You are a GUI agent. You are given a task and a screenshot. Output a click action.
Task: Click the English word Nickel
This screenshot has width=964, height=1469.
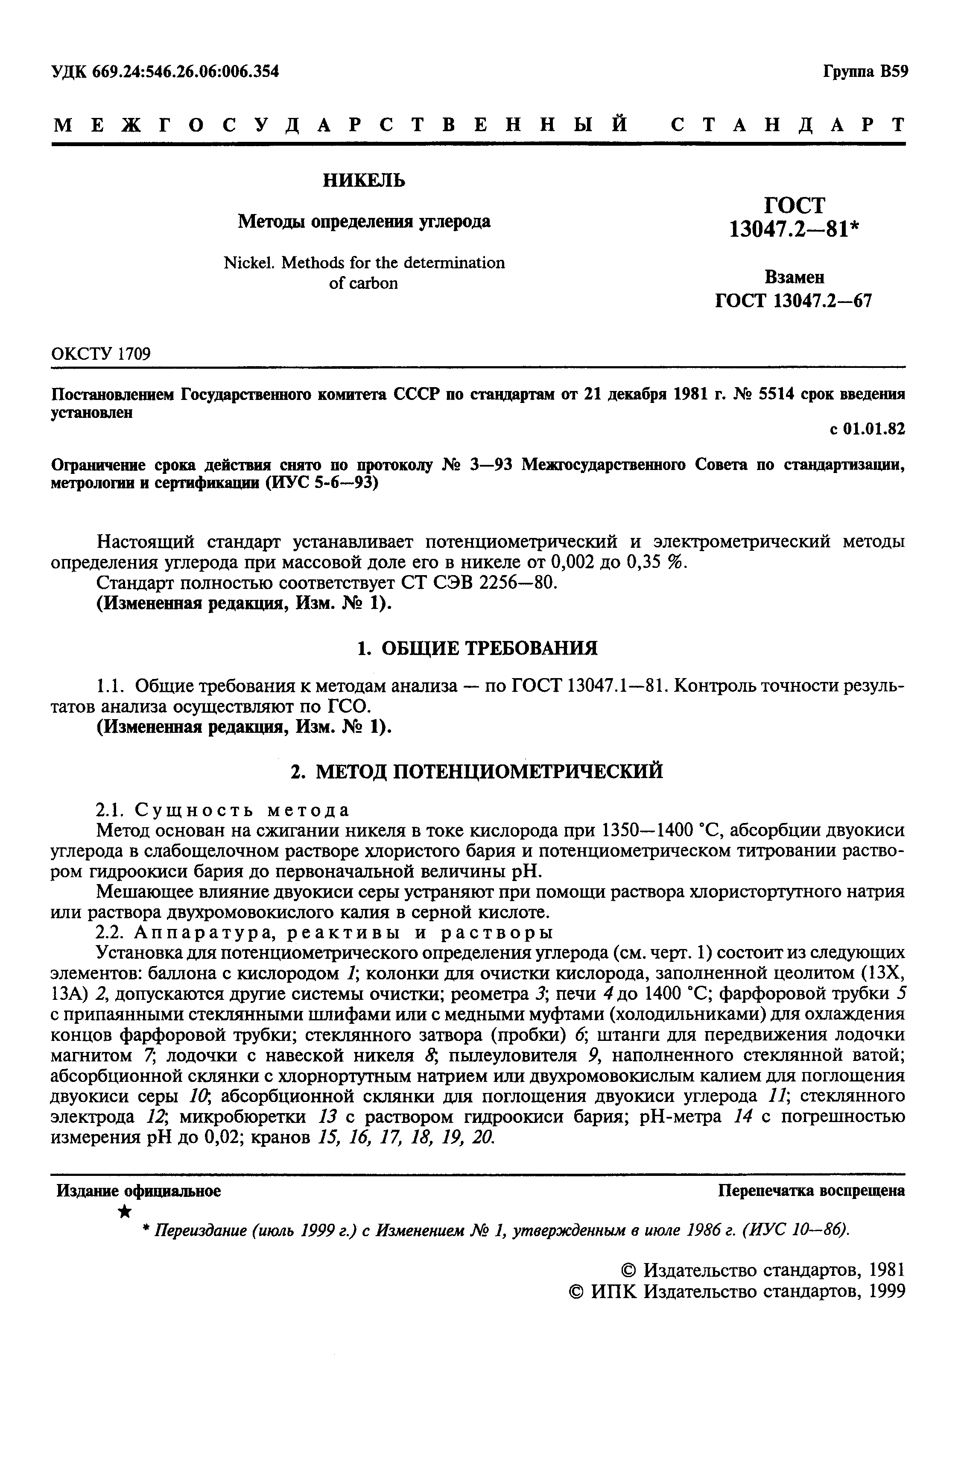coord(249,263)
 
